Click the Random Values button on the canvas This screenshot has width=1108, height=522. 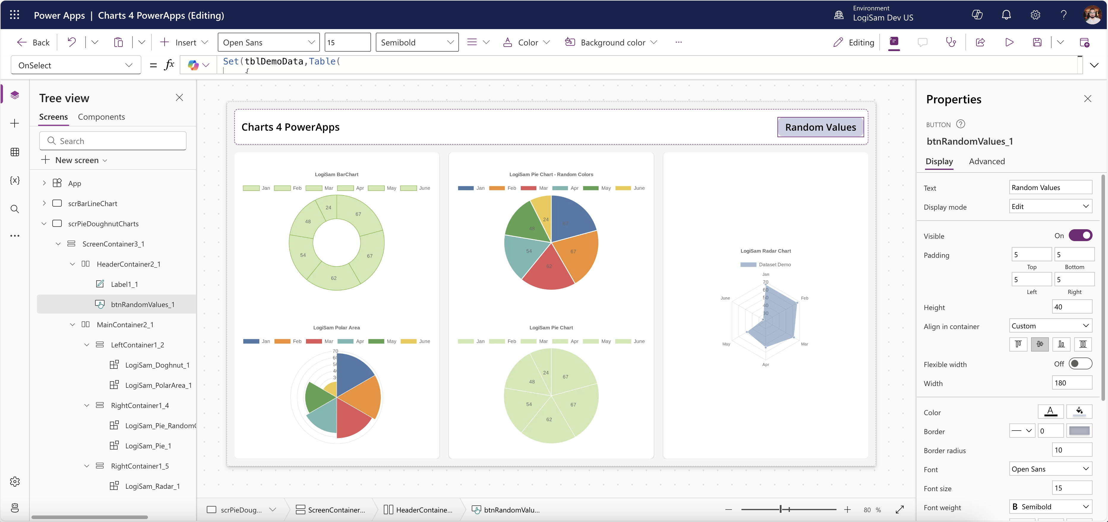[820, 127]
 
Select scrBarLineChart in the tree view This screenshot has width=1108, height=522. [92, 203]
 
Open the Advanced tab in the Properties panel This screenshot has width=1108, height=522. [987, 161]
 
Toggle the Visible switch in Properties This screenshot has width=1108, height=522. [1080, 236]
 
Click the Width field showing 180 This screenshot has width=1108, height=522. [1071, 383]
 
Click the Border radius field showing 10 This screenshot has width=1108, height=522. [1071, 450]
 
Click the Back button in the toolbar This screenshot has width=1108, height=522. [34, 42]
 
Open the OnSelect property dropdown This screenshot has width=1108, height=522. [76, 65]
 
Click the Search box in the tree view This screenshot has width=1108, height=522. [113, 141]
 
